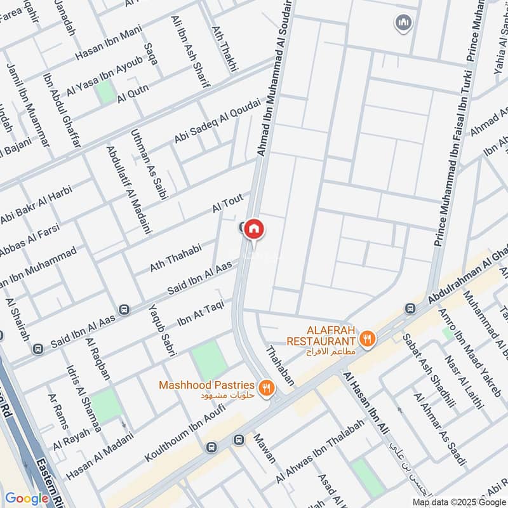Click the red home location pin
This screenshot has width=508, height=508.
254,229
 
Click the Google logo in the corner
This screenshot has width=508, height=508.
27,498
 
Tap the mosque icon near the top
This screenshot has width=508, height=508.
402,24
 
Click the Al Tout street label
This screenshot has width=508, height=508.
228,204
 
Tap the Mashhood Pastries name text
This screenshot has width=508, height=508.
206,385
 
